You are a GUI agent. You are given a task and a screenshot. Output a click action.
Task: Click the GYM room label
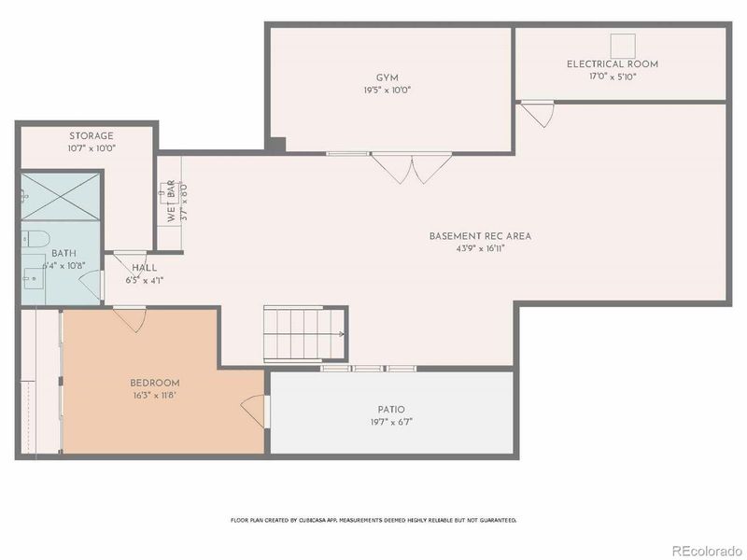(387, 77)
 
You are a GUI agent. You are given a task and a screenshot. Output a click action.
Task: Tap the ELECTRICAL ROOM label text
(612, 64)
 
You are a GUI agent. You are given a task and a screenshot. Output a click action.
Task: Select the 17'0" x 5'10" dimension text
(612, 77)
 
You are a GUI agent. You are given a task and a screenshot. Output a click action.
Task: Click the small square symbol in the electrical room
(623, 44)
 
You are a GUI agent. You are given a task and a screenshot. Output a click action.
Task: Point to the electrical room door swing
(535, 115)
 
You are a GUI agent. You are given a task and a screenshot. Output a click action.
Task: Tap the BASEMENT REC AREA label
(480, 236)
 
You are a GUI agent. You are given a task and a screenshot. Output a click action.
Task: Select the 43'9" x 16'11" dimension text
(480, 249)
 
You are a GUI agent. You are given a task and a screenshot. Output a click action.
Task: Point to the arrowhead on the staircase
(342, 333)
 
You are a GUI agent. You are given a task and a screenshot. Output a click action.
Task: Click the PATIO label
(391, 409)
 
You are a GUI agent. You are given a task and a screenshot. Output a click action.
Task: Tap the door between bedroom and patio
(254, 410)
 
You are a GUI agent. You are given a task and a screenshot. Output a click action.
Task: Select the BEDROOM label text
(154, 383)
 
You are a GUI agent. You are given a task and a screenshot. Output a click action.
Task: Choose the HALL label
(144, 267)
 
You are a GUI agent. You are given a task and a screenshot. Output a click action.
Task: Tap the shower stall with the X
(62, 195)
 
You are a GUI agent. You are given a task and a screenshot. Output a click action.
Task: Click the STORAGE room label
(91, 135)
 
